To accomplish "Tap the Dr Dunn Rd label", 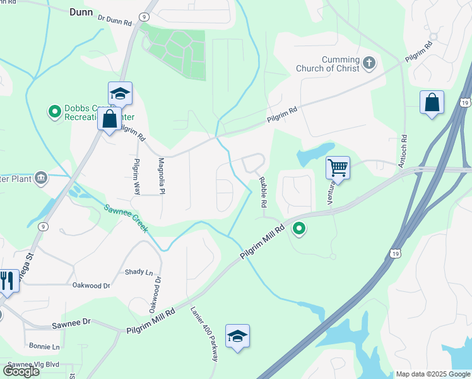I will pyautogui.click(x=114, y=20).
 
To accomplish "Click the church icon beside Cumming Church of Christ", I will pyautogui.click(x=369, y=63).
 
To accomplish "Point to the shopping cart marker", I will pyautogui.click(x=338, y=169).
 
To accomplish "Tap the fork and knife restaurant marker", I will pyautogui.click(x=7, y=281).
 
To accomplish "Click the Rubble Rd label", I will pyautogui.click(x=263, y=193).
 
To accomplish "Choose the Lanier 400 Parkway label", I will pyautogui.click(x=204, y=334).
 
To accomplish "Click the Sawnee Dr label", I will pyautogui.click(x=71, y=322).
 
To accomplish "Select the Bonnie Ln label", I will pyautogui.click(x=44, y=347).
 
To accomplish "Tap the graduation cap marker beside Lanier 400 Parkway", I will pyautogui.click(x=237, y=337).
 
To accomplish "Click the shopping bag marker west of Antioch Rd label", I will pyautogui.click(x=432, y=103).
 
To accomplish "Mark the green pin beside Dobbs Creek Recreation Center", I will pyautogui.click(x=55, y=112).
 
